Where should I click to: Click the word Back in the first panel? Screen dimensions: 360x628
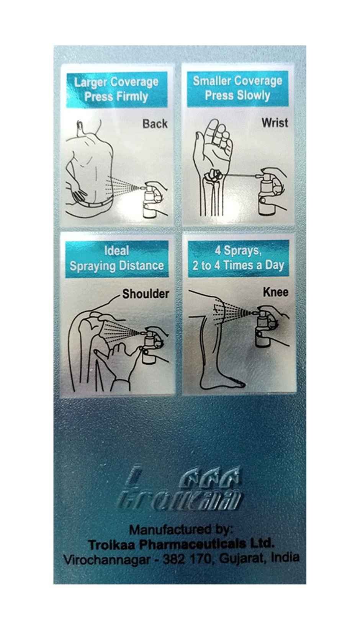pyautogui.click(x=155, y=124)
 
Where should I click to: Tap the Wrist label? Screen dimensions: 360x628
pyautogui.click(x=275, y=123)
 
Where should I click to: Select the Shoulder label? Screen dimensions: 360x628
pyautogui.click(x=146, y=294)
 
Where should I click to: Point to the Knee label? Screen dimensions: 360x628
pyautogui.click(x=275, y=292)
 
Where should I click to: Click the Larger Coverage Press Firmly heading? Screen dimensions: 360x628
pyautogui.click(x=116, y=90)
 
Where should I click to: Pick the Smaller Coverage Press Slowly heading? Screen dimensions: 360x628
pyautogui.click(x=237, y=88)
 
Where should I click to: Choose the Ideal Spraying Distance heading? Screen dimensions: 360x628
pyautogui.click(x=117, y=258)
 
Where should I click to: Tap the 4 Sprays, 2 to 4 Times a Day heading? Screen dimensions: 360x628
pyautogui.click(x=238, y=258)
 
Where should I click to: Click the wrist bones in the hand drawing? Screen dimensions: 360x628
pyautogui.click(x=213, y=175)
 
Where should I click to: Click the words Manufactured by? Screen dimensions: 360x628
pyautogui.click(x=181, y=530)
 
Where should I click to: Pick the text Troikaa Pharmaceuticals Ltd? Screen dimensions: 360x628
pyautogui.click(x=181, y=544)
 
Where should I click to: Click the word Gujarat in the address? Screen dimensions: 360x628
pyautogui.click(x=241, y=558)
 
